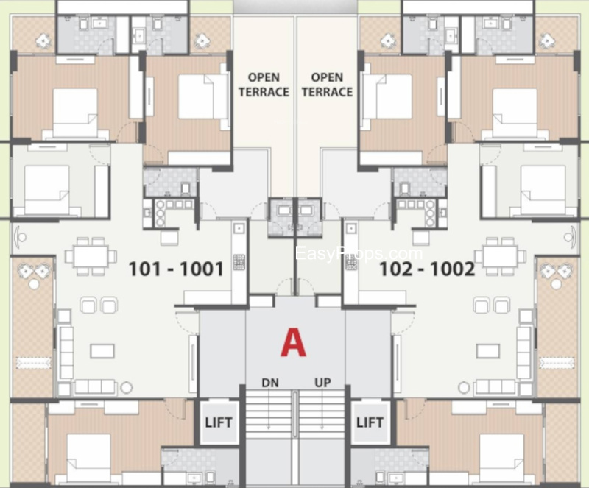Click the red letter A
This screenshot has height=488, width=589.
(293, 342)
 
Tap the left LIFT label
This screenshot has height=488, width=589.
(219, 422)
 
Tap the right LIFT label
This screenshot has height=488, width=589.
(370, 422)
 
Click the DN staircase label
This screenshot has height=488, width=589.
(270, 383)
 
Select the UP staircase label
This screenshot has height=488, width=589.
(322, 383)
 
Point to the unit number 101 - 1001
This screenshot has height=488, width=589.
(176, 269)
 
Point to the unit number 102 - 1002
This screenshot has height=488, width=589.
(427, 269)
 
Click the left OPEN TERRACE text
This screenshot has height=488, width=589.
(264, 85)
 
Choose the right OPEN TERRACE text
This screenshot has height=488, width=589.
(327, 85)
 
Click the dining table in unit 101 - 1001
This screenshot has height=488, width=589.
(91, 256)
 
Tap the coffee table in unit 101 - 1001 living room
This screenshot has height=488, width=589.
(102, 351)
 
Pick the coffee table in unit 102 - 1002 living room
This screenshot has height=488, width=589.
(488, 351)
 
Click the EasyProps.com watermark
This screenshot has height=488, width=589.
(359, 254)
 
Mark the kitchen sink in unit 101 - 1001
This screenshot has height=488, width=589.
(239, 228)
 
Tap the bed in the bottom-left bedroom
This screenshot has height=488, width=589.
(88, 459)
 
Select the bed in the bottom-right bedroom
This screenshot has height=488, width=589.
(501, 459)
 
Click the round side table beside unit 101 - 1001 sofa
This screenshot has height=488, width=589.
(127, 387)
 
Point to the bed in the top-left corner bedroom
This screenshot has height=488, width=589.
(75, 113)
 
